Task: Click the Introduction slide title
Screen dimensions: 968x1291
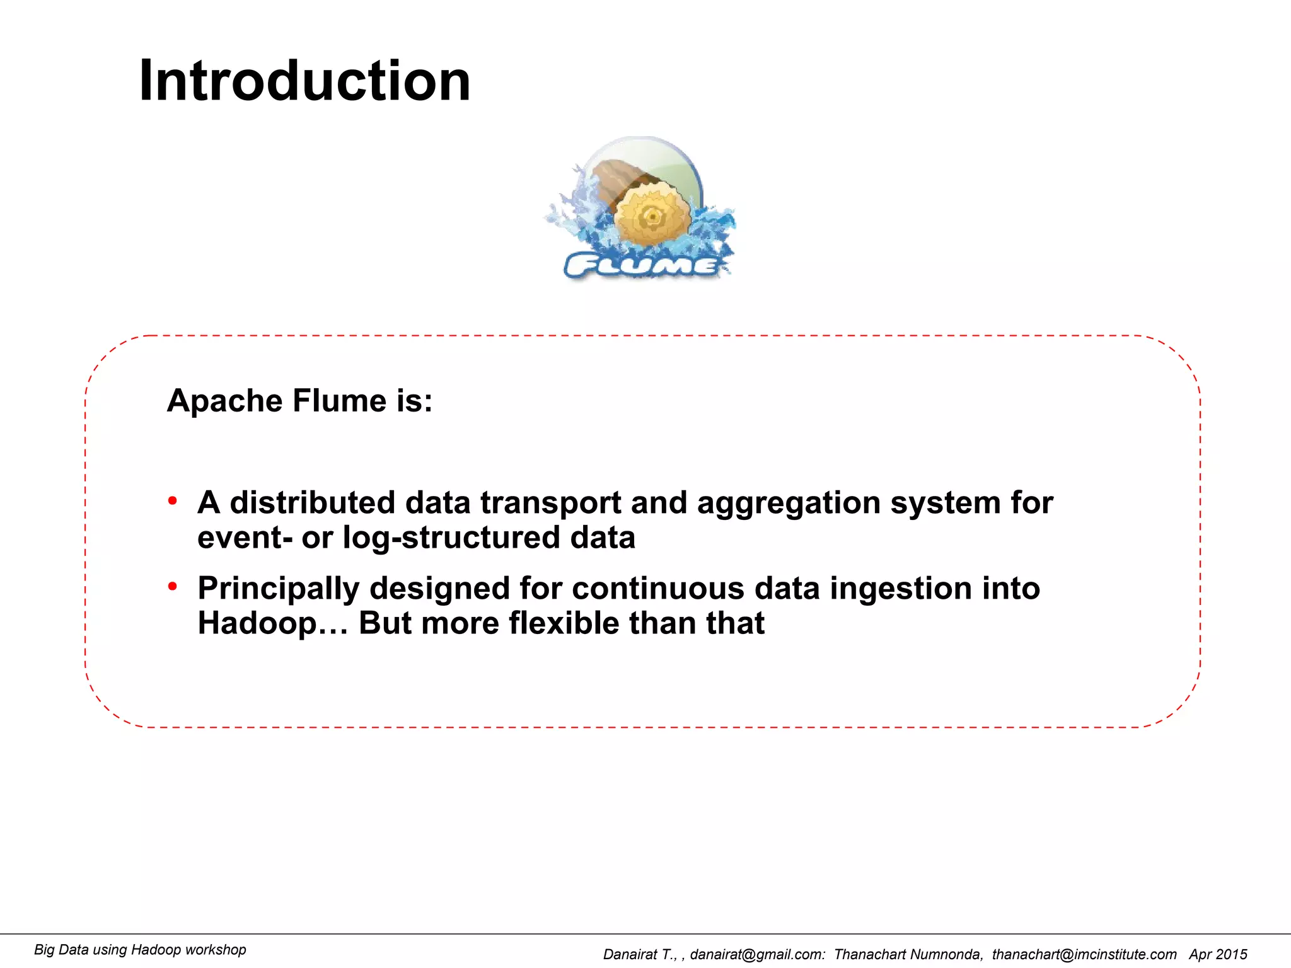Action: [304, 81]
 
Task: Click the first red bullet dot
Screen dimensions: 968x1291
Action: [172, 502]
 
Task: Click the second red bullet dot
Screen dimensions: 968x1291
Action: [172, 587]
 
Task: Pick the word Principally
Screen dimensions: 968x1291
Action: [278, 588]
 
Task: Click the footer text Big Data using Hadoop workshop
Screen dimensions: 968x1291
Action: [140, 950]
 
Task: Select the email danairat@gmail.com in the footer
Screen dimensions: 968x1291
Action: [756, 954]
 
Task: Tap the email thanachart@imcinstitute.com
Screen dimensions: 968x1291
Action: [1084, 954]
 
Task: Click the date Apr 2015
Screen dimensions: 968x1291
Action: [1218, 954]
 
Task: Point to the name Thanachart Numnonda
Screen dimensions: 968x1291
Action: [907, 954]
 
